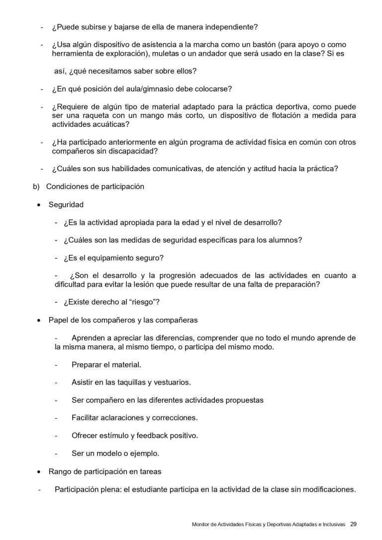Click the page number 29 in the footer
click(353, 524)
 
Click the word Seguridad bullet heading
click(66, 205)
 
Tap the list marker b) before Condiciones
click(35, 187)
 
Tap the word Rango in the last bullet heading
click(59, 471)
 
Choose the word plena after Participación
click(112, 489)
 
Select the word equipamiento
click(114, 258)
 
